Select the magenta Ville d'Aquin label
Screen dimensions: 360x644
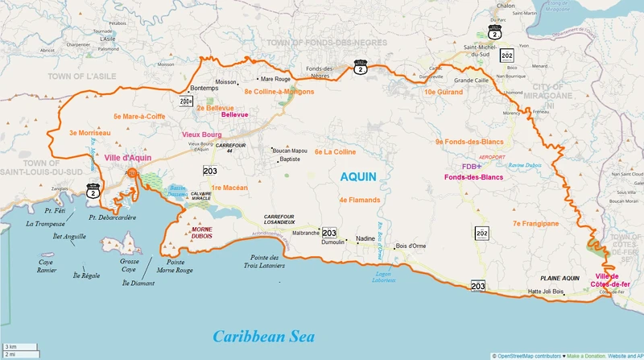(128, 159)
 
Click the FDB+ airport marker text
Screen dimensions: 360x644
(471, 167)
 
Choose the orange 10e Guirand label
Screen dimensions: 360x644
(442, 92)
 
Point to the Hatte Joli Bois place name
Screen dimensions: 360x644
(545, 292)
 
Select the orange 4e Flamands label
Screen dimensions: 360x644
(359, 199)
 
